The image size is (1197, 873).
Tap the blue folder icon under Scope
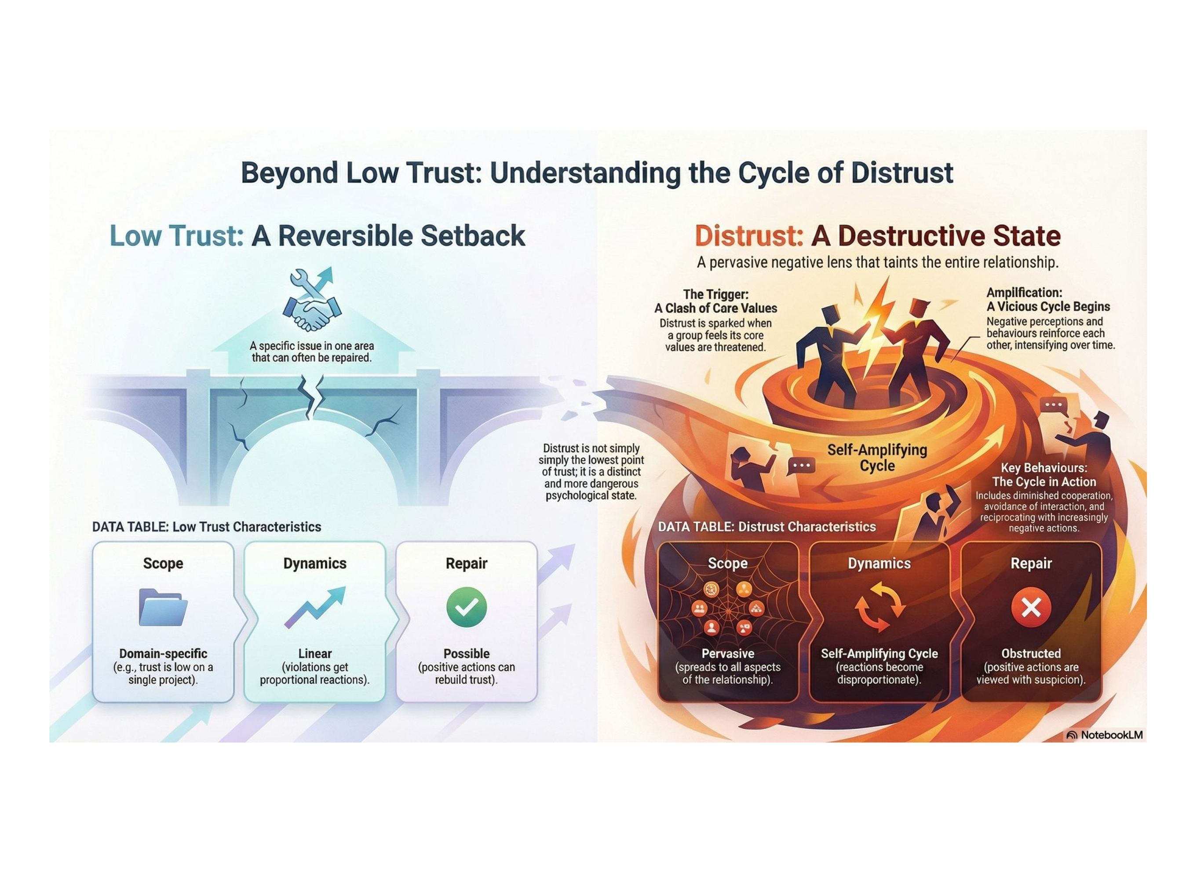point(163,607)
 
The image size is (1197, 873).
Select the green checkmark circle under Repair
point(466,607)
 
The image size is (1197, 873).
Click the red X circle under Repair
point(1031,607)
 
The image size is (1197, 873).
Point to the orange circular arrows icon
point(879,607)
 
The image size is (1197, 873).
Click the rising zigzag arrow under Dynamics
point(315,607)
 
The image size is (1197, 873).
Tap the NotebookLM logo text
point(1111,734)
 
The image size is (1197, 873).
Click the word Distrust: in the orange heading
point(748,236)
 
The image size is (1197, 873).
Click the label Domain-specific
point(163,653)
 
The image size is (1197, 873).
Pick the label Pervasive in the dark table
point(728,653)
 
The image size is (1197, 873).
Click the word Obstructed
point(1031,653)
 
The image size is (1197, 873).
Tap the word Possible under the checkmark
point(466,653)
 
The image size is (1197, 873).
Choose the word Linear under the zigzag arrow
point(315,653)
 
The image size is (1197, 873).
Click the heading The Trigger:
point(715,294)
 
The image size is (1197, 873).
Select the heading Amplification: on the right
point(1024,293)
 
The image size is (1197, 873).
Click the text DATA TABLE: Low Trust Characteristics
point(206,527)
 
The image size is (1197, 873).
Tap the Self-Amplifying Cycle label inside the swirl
point(876,458)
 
